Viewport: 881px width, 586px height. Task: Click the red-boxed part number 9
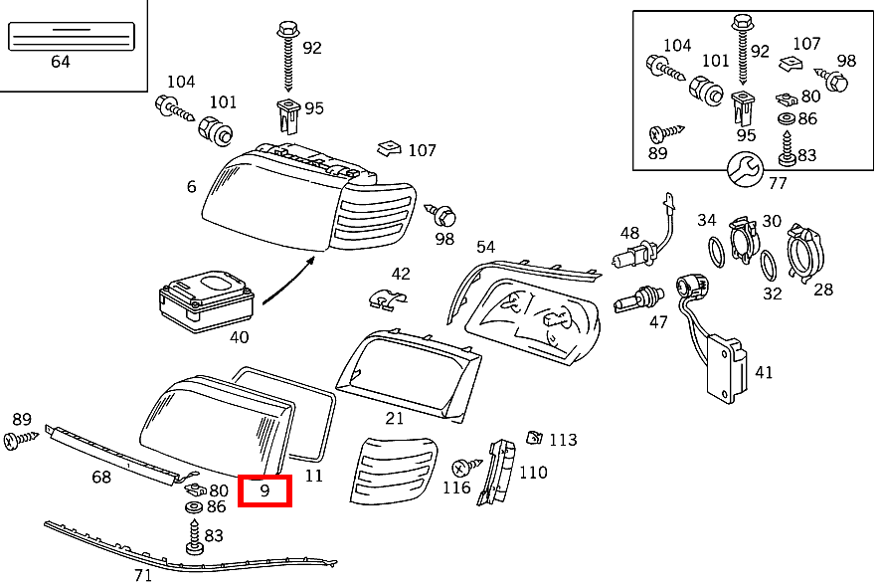[264, 490]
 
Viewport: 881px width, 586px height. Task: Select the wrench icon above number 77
[744, 169]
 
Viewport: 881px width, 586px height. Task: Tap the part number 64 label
[60, 62]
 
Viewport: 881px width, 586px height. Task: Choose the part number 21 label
[395, 418]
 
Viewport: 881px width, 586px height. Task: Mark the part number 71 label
[143, 575]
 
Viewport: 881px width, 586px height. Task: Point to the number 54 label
[485, 247]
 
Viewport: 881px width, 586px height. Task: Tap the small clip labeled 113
[534, 437]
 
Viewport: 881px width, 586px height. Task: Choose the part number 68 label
[101, 478]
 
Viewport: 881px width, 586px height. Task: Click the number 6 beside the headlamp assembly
[191, 186]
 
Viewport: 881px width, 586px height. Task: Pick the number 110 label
[533, 472]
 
